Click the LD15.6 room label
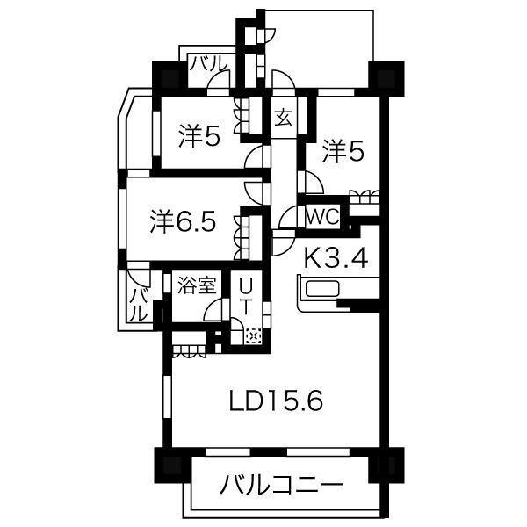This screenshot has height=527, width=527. click(276, 401)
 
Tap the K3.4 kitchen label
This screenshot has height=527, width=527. click(336, 257)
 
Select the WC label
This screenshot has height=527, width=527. click(322, 216)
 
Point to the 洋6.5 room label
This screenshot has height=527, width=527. click(183, 221)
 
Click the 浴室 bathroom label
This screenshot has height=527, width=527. click(197, 285)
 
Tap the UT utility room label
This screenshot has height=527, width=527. click(245, 297)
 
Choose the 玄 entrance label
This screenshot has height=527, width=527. click(283, 118)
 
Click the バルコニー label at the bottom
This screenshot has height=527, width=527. click(281, 484)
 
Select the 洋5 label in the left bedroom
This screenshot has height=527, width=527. click(199, 136)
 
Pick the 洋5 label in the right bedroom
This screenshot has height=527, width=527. click(343, 152)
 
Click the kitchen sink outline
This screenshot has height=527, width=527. click(322, 289)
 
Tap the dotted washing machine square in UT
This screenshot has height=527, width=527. click(254, 336)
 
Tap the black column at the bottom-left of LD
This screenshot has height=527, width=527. click(168, 466)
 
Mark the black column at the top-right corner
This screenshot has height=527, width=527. click(386, 79)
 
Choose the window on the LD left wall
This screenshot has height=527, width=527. click(167, 397)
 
